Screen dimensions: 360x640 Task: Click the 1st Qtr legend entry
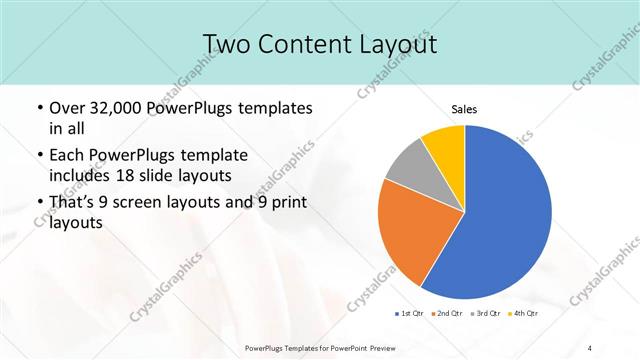[x=410, y=313]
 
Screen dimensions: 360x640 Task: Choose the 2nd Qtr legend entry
[x=447, y=313]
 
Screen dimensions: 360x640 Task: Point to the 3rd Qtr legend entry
[x=485, y=313]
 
